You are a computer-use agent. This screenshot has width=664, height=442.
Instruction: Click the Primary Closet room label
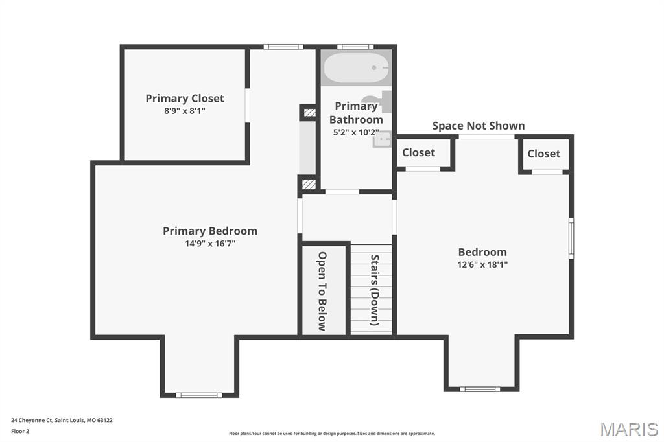coord(185,99)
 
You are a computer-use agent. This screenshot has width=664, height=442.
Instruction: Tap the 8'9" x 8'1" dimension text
coord(185,111)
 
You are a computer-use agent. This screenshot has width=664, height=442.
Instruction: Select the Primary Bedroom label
coord(210,231)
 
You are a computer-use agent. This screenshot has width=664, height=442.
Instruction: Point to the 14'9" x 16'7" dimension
coord(210,244)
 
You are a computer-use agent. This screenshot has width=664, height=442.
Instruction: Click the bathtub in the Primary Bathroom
coord(357,67)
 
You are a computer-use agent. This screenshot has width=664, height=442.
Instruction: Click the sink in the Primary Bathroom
coord(382,139)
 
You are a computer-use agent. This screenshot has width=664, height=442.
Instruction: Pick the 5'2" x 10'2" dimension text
coord(356,132)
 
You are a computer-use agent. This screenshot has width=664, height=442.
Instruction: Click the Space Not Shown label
coord(479,126)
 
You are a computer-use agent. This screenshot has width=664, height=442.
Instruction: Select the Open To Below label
coord(322,291)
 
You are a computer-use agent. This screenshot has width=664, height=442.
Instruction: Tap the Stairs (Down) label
coord(375,290)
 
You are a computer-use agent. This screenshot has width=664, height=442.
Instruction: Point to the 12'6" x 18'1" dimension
coord(482,264)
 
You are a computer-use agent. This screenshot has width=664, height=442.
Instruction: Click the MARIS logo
coord(629,429)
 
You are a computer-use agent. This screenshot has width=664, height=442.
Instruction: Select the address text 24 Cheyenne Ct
coord(32,421)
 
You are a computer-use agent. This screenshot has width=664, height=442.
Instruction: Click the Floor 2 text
coord(20,432)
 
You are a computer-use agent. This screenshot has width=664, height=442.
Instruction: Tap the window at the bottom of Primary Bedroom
coord(199,395)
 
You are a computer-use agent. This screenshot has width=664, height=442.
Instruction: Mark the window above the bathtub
coord(355,47)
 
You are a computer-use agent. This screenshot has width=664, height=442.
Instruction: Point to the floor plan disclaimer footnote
coord(332,434)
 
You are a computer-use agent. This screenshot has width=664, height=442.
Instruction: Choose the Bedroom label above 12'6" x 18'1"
coord(482,252)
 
